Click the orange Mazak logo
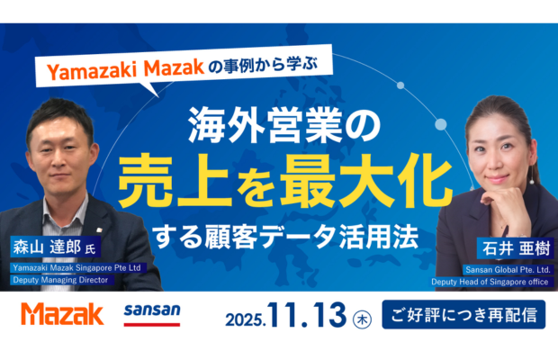[x=62, y=314]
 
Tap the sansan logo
[x=152, y=312]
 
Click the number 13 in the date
[x=326, y=315]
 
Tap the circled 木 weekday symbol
[x=362, y=317]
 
